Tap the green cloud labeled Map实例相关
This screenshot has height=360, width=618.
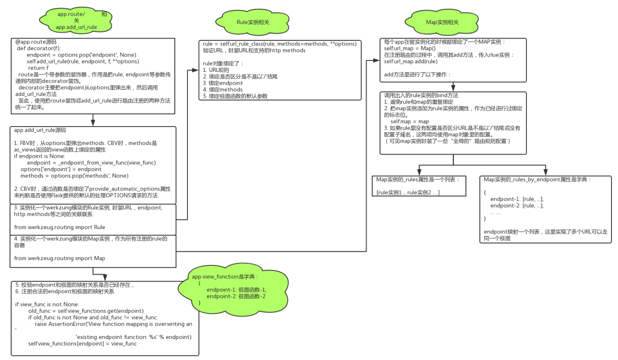pyautogui.click(x=442, y=21)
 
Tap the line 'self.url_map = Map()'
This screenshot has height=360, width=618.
pyautogui.click(x=410, y=48)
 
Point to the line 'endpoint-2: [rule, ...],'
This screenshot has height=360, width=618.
pyautogui.click(x=517, y=205)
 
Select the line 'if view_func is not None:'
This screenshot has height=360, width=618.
pyautogui.click(x=47, y=304)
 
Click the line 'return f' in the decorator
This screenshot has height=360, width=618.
pyautogui.click(x=38, y=67)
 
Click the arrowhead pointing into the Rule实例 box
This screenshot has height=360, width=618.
pyautogui.click(x=195, y=70)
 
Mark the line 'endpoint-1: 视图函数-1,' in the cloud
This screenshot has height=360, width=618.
pyautogui.click(x=236, y=289)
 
